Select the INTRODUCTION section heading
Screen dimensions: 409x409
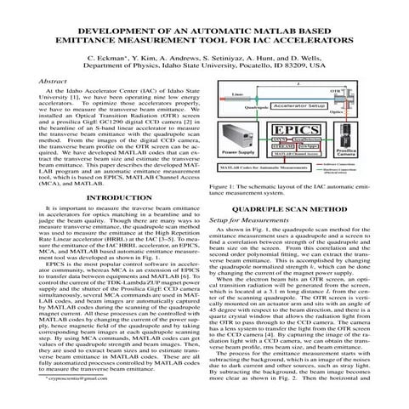click(x=102, y=221)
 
